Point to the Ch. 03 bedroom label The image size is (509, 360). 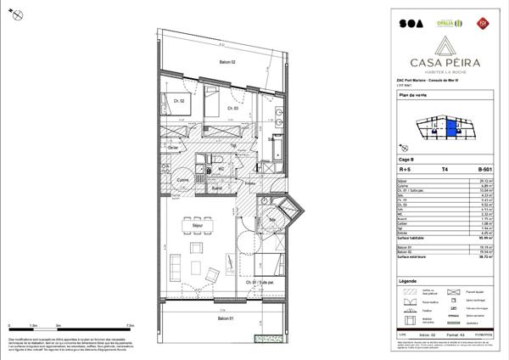coord(232,108)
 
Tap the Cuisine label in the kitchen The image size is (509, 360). coord(182,181)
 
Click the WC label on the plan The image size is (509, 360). coord(221,168)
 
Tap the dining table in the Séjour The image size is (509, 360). coord(188,226)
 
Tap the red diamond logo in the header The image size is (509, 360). coord(484,20)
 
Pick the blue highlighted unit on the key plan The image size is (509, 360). coord(452,130)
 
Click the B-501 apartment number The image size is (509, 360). coord(484,169)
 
